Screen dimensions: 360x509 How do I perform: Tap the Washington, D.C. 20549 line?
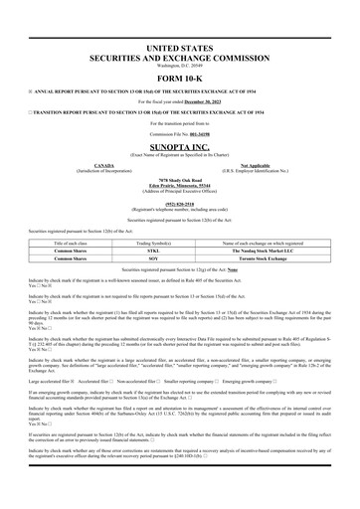pyautogui.click(x=179, y=66)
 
